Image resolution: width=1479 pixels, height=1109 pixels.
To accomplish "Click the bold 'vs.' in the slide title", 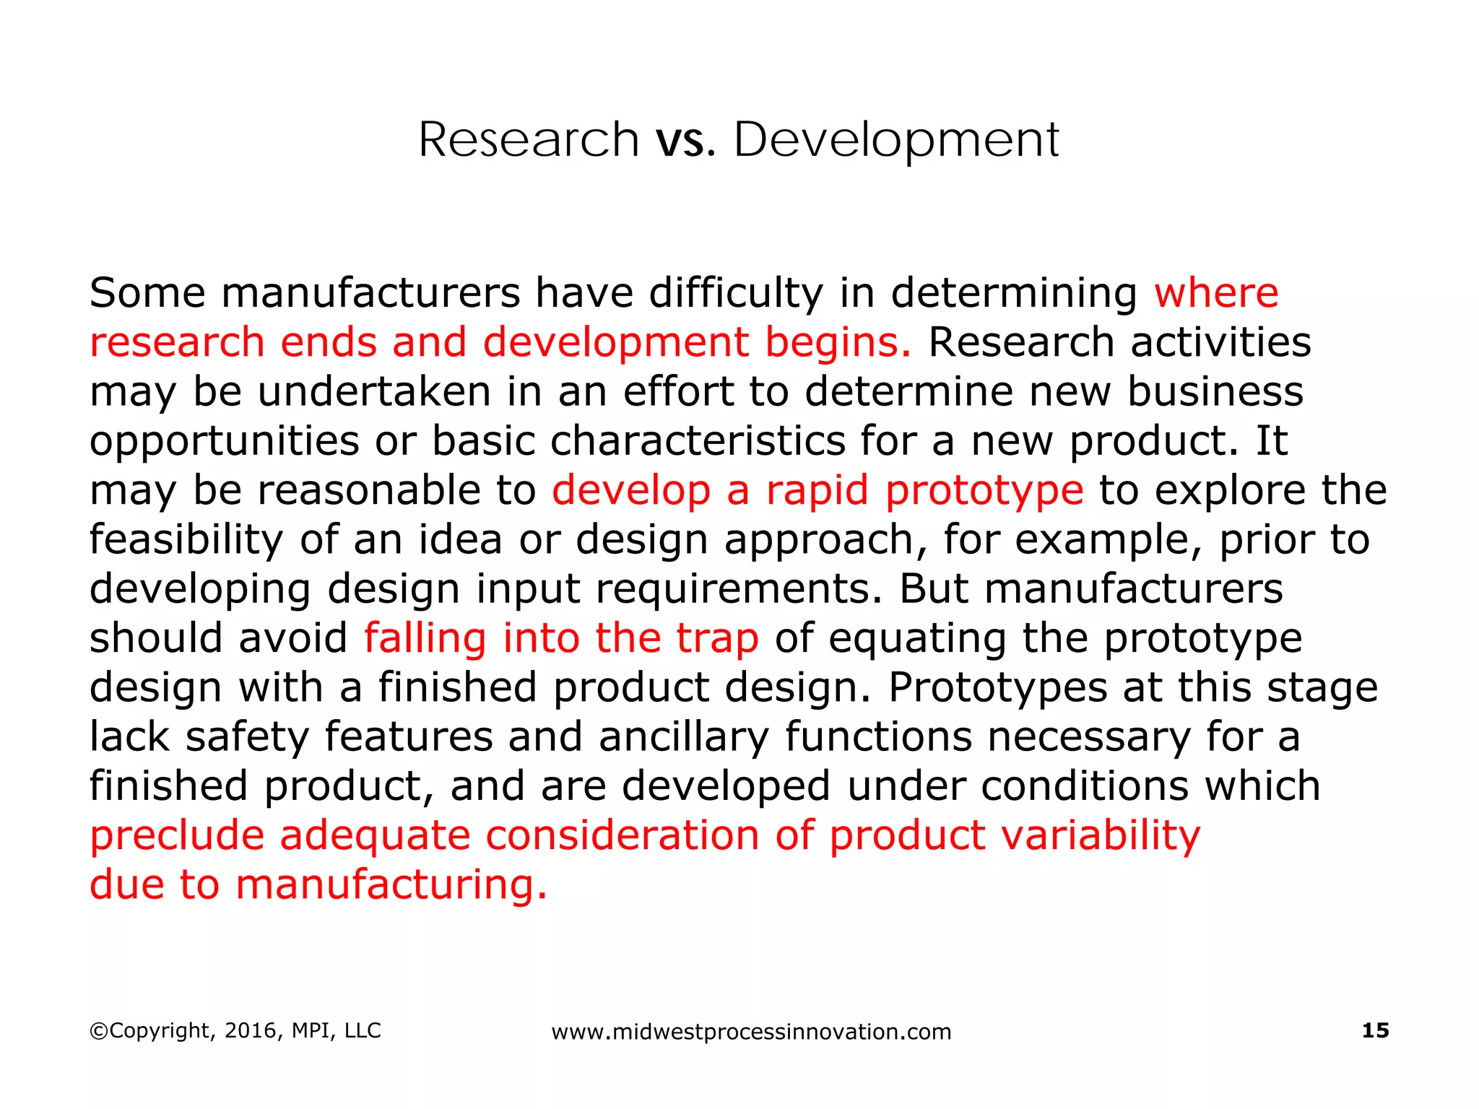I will click(x=685, y=140).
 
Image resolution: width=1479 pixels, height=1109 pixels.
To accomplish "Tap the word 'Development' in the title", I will click(x=896, y=140).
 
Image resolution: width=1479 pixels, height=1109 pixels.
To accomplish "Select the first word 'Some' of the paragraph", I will click(x=147, y=293).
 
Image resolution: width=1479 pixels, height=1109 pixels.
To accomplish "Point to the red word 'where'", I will click(x=1216, y=293).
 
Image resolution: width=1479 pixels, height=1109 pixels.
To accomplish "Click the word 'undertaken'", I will click(x=373, y=391).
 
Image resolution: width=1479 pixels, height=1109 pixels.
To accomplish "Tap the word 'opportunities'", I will click(x=224, y=442).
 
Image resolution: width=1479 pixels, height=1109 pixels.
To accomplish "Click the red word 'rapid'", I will click(x=817, y=492).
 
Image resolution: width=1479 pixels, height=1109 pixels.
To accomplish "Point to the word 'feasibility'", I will click(x=186, y=541).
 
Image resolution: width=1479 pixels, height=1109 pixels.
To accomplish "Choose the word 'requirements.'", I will click(x=739, y=590).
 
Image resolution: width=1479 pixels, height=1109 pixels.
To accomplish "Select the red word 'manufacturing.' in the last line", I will click(x=391, y=884).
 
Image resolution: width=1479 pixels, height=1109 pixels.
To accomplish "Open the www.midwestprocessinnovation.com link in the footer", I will click(x=751, y=1032).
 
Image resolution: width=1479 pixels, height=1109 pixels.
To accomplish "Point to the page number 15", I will click(x=1375, y=1030).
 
